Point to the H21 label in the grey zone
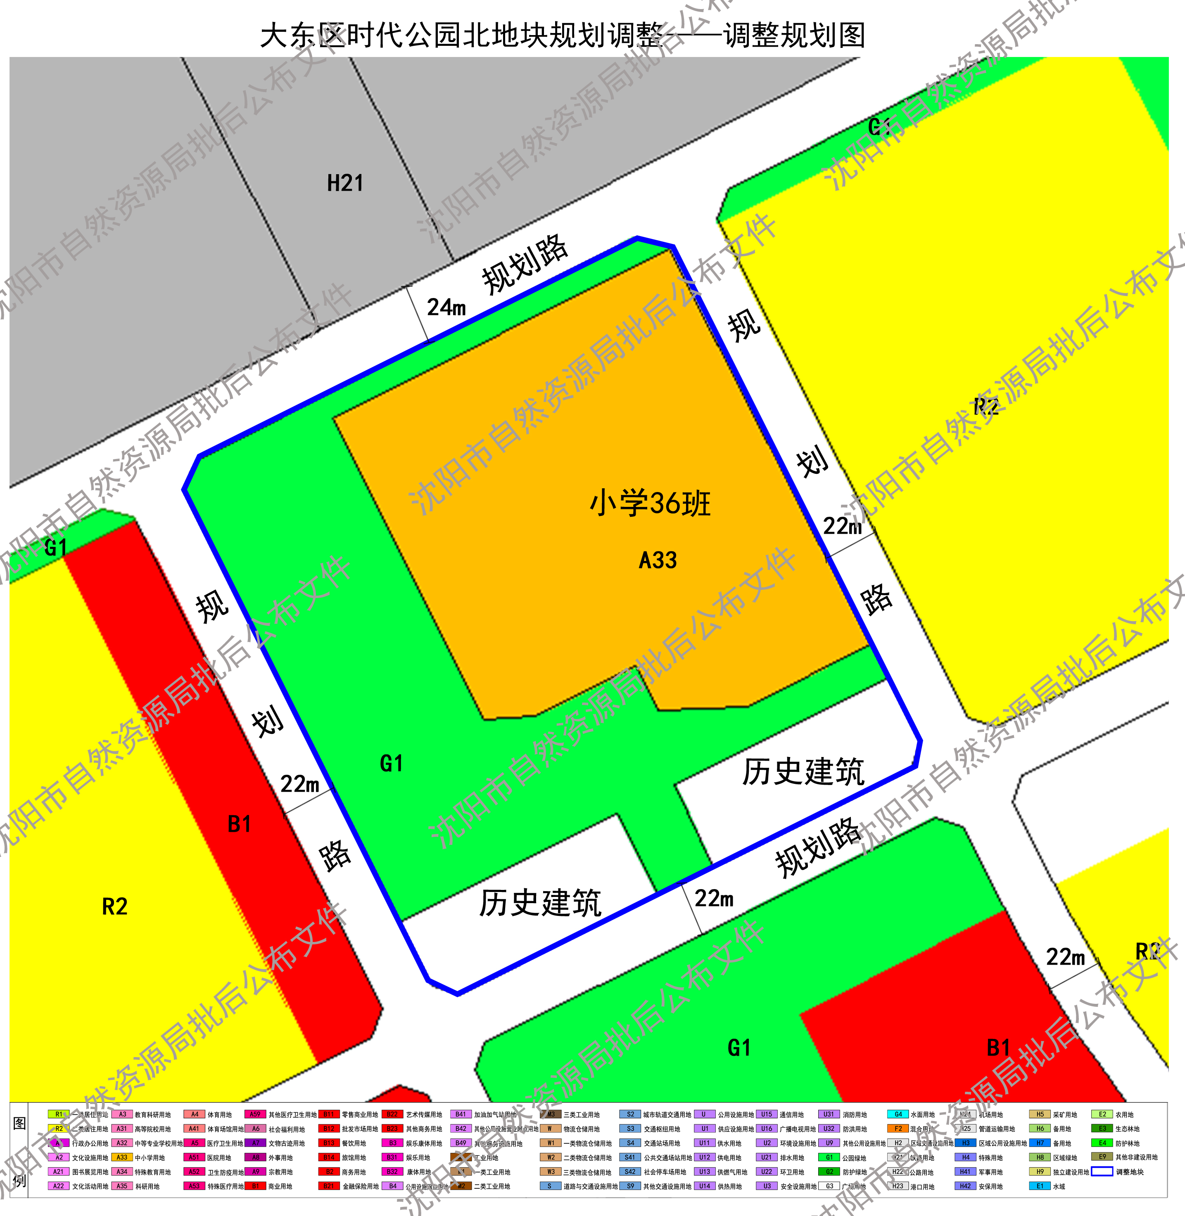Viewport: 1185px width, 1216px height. click(x=345, y=184)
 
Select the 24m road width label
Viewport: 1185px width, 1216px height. click(x=446, y=307)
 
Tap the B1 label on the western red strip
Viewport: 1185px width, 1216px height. click(x=239, y=824)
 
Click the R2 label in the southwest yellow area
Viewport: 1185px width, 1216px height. click(x=114, y=907)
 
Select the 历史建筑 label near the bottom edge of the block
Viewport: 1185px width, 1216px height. click(x=539, y=903)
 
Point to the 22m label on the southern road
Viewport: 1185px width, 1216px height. click(x=714, y=898)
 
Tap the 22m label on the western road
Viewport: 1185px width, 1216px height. click(x=299, y=784)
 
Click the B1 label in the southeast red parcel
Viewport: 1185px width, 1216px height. click(x=998, y=1048)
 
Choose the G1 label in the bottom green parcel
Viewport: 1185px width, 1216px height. click(x=739, y=1048)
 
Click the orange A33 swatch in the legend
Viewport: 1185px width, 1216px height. click(x=122, y=1157)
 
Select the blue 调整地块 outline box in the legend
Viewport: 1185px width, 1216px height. click(x=1102, y=1172)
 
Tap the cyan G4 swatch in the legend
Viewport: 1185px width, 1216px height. click(x=898, y=1114)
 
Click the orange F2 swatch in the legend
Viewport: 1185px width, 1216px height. click(x=898, y=1129)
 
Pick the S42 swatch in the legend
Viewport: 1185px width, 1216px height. click(x=630, y=1172)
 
